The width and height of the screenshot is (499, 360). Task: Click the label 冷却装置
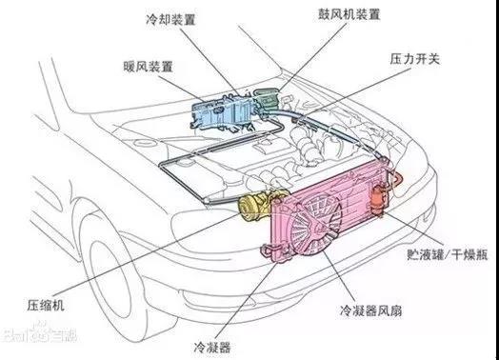pyautogui.click(x=170, y=20)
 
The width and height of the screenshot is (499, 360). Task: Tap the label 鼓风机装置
pyautogui.click(x=349, y=14)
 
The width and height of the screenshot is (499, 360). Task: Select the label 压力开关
pyautogui.click(x=414, y=59)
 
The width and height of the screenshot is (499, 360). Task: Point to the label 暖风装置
pyautogui.click(x=148, y=67)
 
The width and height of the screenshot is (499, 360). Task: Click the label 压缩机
pyautogui.click(x=46, y=305)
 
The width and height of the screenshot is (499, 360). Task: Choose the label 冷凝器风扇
pyautogui.click(x=370, y=310)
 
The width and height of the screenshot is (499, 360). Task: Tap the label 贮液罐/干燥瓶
pyautogui.click(x=448, y=254)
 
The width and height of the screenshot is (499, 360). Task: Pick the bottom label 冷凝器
pyautogui.click(x=212, y=347)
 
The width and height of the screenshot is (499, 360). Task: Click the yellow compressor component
pyautogui.click(x=258, y=206)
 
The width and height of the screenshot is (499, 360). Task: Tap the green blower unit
pyautogui.click(x=267, y=99)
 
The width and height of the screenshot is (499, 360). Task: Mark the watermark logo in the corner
pyautogui.click(x=38, y=334)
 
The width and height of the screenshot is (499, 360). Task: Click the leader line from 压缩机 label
pyautogui.click(x=147, y=253)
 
